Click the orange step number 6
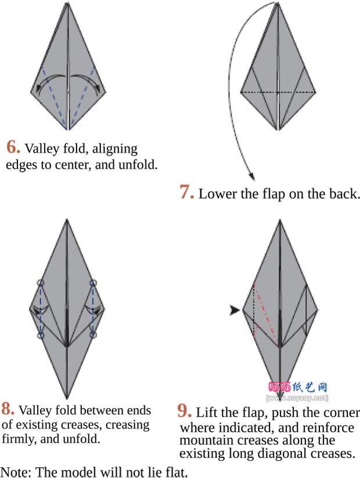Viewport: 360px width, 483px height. (13, 147)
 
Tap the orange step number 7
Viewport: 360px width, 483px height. (186, 192)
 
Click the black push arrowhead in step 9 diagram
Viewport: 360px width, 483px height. (234, 311)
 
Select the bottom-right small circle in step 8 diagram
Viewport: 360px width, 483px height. (93, 335)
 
